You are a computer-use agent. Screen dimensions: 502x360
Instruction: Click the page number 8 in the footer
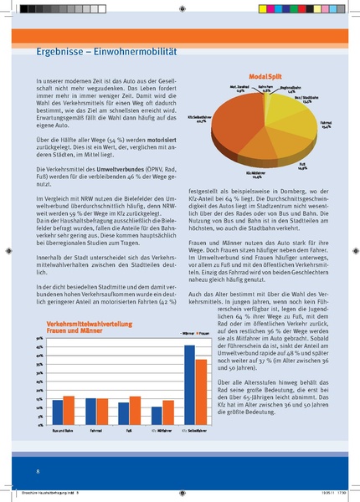tap(38, 459)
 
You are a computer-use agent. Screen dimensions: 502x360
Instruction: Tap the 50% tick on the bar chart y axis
tap(39, 336)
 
